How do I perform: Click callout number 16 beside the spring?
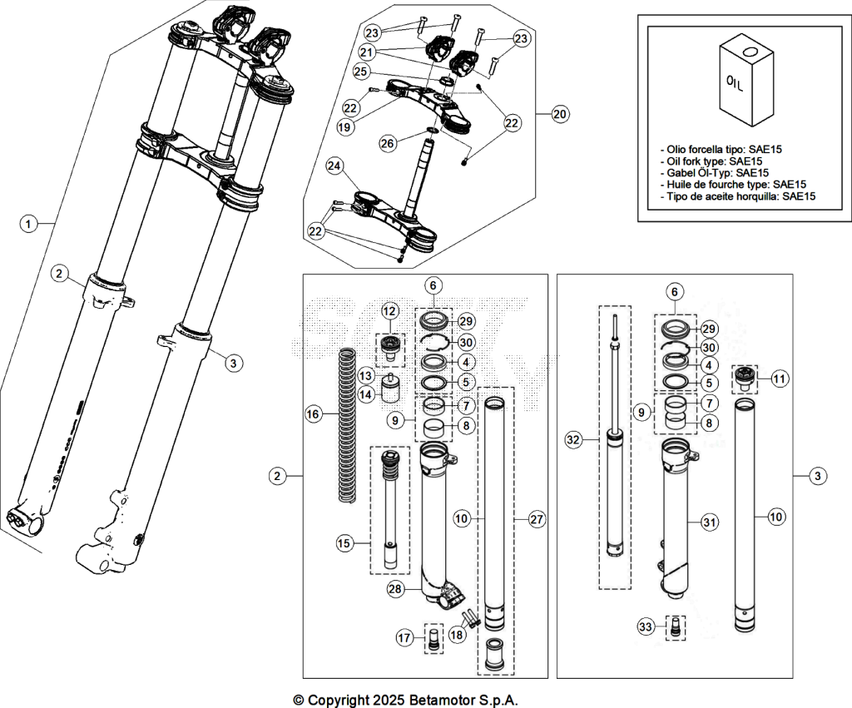pos(313,414)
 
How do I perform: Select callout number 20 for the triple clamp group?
pos(559,114)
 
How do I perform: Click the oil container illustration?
pos(746,80)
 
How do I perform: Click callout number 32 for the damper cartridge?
pos(573,440)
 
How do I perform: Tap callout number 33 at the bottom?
pos(645,627)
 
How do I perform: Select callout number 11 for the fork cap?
pos(779,379)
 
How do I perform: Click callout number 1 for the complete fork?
pos(29,223)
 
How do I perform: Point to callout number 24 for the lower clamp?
pos(334,166)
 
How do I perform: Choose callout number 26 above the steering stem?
pos(388,143)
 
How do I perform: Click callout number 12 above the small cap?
pos(389,311)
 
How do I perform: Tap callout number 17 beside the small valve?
pos(404,637)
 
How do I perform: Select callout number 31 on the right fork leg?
pos(709,522)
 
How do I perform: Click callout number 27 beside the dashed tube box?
pos(537,519)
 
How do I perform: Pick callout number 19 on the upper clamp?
pos(344,127)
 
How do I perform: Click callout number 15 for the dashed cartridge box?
pos(344,543)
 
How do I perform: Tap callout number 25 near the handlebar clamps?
pos(361,71)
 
